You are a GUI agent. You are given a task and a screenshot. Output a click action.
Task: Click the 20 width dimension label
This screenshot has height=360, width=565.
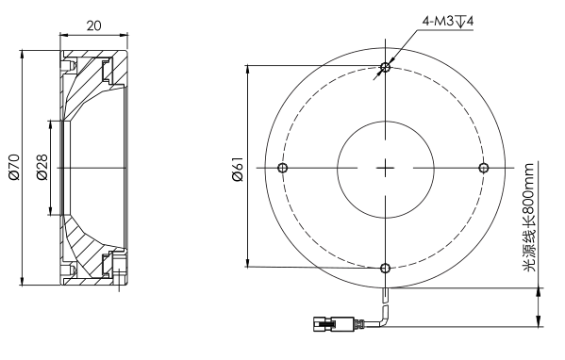point(93,25)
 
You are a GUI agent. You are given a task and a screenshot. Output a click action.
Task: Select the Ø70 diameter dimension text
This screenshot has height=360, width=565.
point(14,167)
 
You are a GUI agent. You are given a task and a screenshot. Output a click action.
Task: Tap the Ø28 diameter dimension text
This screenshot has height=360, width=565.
point(42,167)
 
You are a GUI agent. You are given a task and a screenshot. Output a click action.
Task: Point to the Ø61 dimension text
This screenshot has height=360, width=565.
point(239,170)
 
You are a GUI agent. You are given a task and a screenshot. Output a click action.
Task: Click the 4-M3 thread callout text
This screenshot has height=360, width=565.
point(448,22)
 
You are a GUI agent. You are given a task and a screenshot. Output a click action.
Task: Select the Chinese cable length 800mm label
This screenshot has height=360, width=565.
point(528,218)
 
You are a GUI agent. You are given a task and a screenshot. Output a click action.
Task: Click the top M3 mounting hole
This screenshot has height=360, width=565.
point(385,67)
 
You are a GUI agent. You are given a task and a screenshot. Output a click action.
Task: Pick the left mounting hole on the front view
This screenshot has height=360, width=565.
point(283,168)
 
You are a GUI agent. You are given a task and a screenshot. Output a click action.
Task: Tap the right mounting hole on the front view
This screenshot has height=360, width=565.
point(483,168)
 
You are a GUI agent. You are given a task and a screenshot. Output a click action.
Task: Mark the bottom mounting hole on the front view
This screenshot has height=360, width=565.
point(385,268)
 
